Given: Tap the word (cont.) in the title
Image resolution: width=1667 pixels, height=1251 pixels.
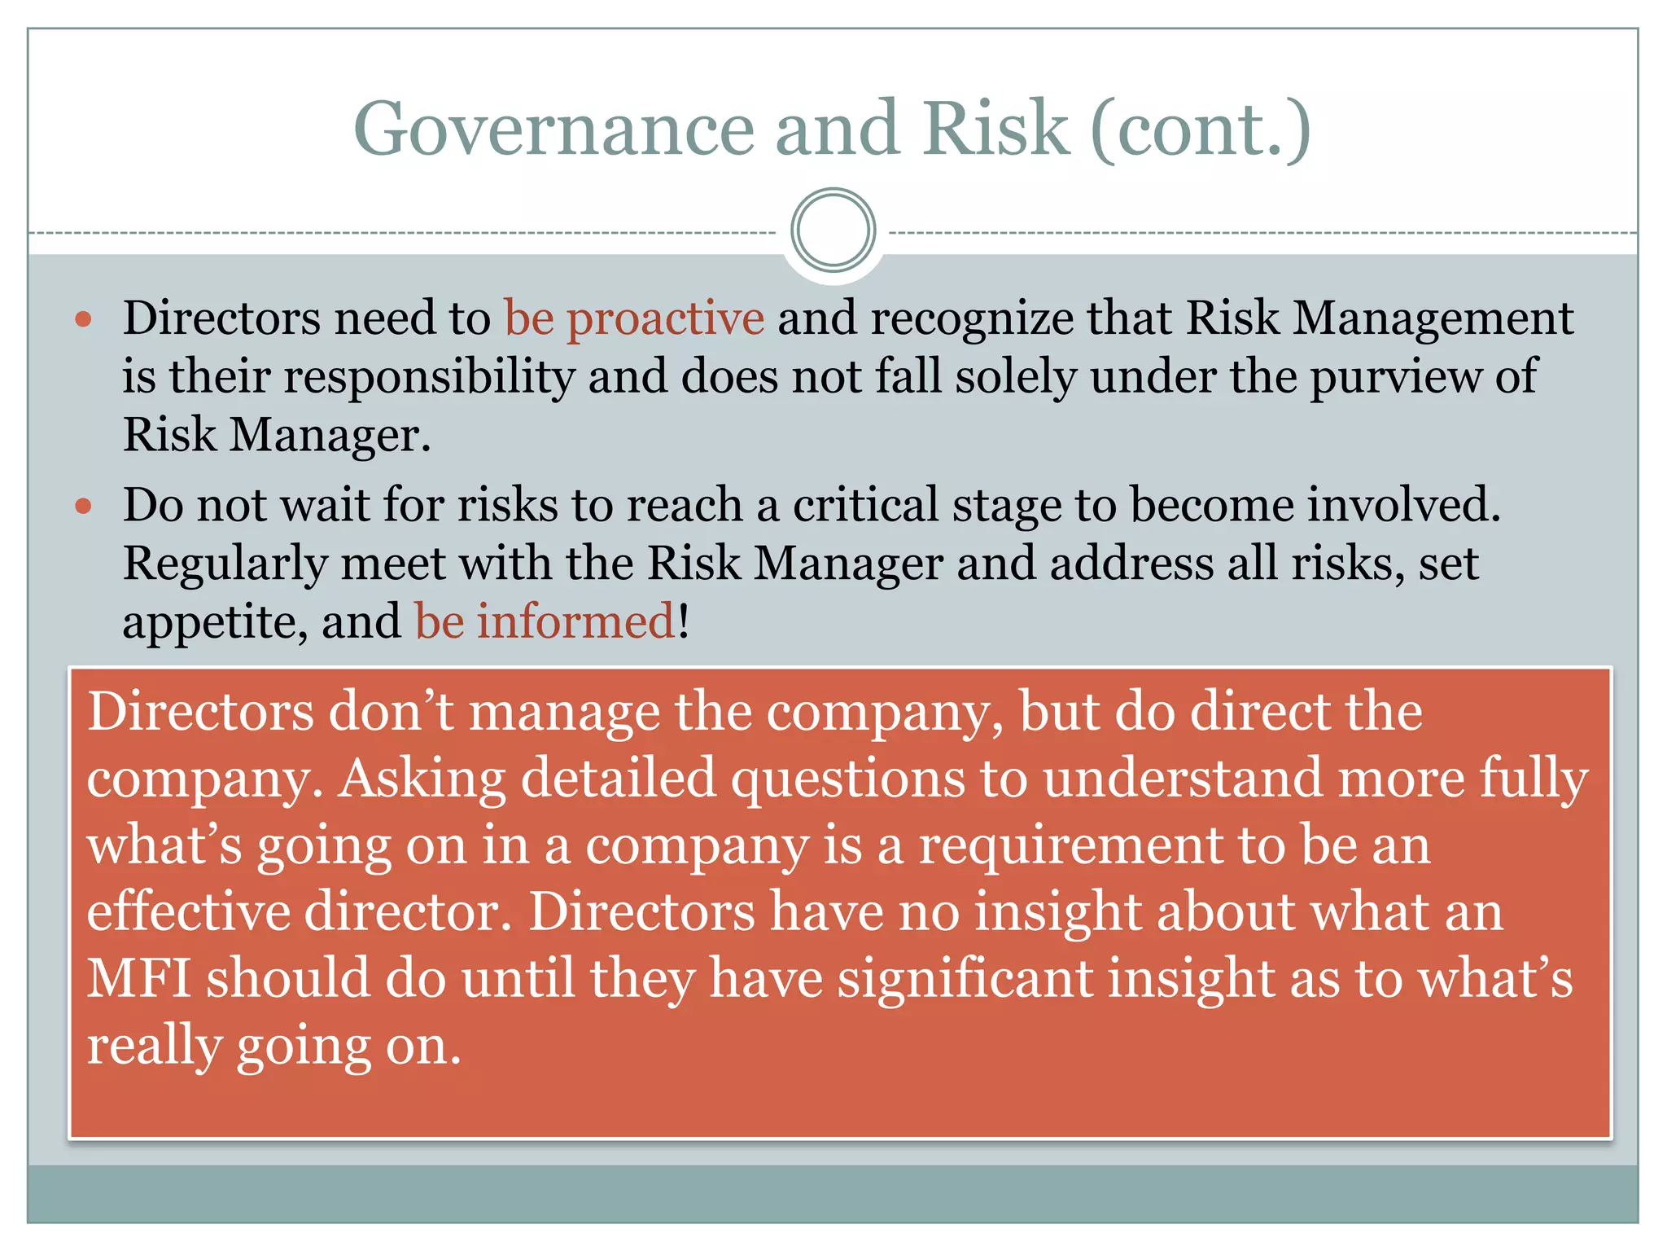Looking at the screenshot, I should pyautogui.click(x=1200, y=129).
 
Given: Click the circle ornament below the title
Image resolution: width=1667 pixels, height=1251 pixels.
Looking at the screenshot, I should pyautogui.click(x=833, y=230).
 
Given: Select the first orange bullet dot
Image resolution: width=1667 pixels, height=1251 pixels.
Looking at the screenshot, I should pyautogui.click(x=83, y=318).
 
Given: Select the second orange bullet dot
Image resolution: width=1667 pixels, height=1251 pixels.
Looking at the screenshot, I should pyautogui.click(x=83, y=507).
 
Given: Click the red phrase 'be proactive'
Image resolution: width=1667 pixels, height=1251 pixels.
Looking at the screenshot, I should pyautogui.click(x=634, y=318).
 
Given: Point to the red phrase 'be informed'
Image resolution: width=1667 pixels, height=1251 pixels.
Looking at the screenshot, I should pyautogui.click(x=545, y=621).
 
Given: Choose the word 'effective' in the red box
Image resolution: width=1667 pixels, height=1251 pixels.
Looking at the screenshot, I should pyautogui.click(x=188, y=911).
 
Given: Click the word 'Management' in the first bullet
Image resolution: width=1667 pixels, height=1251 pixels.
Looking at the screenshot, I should pyautogui.click(x=1433, y=318).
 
